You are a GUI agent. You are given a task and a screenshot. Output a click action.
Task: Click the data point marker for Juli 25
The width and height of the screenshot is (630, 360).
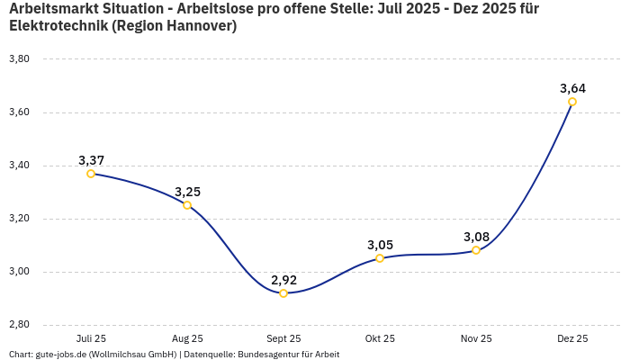(91, 174)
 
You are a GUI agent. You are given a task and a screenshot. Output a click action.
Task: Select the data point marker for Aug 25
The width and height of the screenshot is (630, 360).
(187, 205)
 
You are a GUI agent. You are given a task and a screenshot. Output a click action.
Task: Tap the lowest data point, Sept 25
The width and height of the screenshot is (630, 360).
(283, 293)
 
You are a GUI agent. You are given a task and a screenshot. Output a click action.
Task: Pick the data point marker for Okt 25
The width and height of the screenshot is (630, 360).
(380, 258)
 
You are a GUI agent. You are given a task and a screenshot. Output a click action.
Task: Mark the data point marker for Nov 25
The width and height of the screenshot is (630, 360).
(476, 250)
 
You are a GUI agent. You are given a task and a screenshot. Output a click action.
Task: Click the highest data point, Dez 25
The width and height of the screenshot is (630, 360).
(572, 102)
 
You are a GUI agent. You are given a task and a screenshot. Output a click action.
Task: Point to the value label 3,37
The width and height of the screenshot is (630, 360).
(91, 160)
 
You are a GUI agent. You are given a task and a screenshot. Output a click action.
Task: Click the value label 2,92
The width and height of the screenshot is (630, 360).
(283, 280)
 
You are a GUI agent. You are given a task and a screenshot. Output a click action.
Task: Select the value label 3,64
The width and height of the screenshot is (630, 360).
(572, 88)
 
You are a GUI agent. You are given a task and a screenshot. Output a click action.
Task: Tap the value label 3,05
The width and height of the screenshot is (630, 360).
(380, 245)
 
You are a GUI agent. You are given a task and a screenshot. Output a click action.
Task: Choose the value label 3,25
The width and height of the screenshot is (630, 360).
(187, 192)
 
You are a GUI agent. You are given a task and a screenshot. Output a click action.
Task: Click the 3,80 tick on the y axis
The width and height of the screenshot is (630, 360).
(19, 59)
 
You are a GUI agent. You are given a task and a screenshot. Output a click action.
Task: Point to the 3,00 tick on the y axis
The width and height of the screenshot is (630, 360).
(19, 272)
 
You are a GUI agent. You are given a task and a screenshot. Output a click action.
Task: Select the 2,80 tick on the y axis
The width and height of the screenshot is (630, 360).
(19, 325)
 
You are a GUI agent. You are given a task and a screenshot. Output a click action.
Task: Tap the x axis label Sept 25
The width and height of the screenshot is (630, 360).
(283, 338)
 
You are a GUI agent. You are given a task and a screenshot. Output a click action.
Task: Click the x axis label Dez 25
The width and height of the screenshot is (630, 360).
(572, 338)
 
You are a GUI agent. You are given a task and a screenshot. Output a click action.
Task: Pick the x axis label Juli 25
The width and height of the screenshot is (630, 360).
(91, 338)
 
